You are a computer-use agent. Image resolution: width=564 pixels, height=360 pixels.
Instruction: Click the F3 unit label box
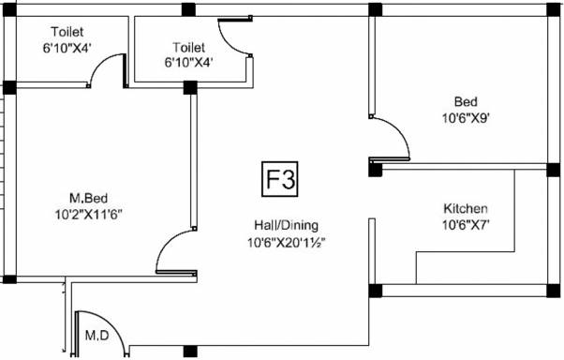tap(280, 179)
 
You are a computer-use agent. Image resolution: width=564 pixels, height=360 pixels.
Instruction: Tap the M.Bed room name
tap(88, 198)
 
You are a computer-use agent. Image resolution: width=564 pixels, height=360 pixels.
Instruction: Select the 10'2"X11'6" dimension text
tap(88, 215)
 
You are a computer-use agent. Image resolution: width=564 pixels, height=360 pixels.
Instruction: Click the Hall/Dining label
tap(287, 225)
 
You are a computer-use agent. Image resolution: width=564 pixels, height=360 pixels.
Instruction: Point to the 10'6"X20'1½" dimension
tap(287, 242)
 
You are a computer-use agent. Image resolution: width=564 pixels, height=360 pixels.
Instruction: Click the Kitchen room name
tap(466, 208)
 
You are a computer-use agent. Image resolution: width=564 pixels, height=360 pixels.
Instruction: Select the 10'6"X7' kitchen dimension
tap(466, 225)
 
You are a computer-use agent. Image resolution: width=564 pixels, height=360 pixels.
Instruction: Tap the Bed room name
tap(466, 101)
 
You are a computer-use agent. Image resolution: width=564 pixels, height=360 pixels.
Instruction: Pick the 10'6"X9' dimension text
tap(466, 118)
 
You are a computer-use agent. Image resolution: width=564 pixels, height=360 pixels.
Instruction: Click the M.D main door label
tap(97, 336)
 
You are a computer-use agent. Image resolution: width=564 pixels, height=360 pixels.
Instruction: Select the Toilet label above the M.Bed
tap(67, 32)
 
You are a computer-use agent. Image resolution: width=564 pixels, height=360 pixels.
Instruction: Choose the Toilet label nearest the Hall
tap(189, 47)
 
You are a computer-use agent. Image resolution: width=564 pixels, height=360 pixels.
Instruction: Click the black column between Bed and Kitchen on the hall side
tap(375, 169)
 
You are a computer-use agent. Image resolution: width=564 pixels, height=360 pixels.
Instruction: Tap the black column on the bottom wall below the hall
tap(190, 351)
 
